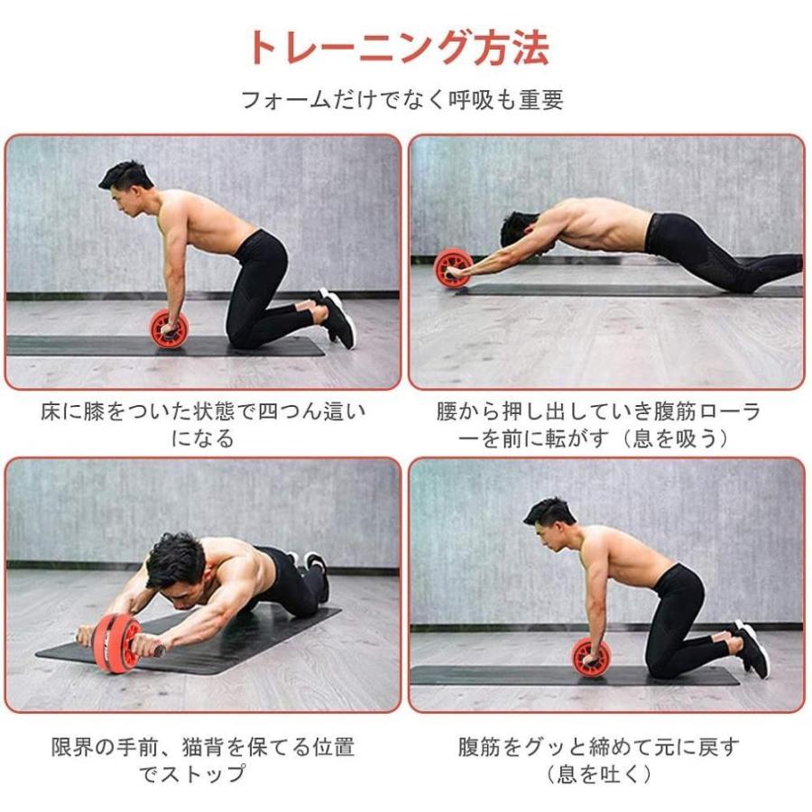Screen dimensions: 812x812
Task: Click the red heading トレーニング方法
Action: pyautogui.click(x=398, y=48)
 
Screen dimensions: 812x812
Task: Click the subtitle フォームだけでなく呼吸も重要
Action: pyautogui.click(x=402, y=99)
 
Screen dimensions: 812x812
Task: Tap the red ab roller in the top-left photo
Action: pyautogui.click(x=169, y=328)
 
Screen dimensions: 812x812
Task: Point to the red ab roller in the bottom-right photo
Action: pyautogui.click(x=591, y=657)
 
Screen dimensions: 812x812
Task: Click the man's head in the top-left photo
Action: pyautogui.click(x=125, y=182)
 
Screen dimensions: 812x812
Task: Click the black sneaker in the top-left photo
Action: pyautogui.click(x=337, y=318)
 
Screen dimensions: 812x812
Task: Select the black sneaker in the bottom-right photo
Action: pyautogui.click(x=751, y=648)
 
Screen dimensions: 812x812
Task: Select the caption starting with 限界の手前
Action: pyautogui.click(x=203, y=761)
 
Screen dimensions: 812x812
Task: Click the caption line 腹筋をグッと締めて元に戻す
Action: pyautogui.click(x=598, y=747)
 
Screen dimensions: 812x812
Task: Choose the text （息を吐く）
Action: pyautogui.click(x=598, y=774)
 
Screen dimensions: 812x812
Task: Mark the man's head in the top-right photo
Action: pyautogui.click(x=516, y=230)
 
